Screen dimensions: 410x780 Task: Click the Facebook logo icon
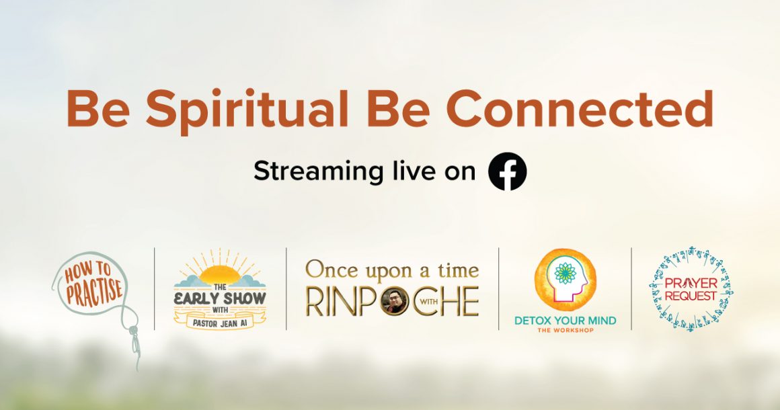click(x=508, y=172)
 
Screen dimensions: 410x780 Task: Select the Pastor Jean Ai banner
click(x=219, y=323)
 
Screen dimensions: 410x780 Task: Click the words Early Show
click(x=219, y=298)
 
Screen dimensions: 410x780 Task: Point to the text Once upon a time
click(x=392, y=270)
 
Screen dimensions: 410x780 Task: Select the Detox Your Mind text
click(x=565, y=321)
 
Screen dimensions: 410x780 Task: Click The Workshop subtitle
click(x=565, y=331)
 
